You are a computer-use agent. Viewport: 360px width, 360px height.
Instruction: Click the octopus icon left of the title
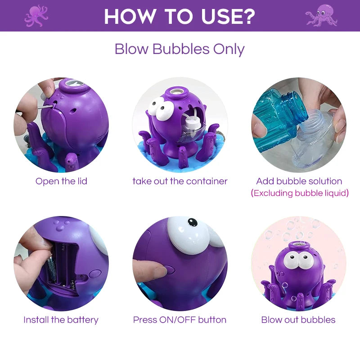point(36,16)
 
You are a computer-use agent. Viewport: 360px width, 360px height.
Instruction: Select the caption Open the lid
point(61,181)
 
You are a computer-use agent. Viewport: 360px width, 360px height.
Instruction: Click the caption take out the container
point(180,181)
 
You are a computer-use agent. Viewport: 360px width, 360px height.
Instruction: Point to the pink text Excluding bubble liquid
point(300,193)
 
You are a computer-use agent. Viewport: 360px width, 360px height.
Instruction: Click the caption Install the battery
point(61,320)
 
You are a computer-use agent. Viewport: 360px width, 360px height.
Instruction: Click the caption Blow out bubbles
point(298,320)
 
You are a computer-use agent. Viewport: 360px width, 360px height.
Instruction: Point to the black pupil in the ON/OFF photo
point(193,222)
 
